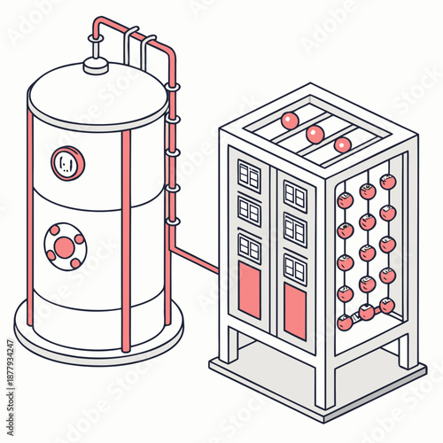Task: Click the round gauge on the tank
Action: pos(67,162)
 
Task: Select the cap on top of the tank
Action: pos(95,64)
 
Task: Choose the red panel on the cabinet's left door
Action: pos(251,291)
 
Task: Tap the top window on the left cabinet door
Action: pos(248,177)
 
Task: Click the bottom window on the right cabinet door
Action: pos(294,268)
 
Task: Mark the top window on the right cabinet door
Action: pos(293,197)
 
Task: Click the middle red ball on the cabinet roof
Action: pos(314,133)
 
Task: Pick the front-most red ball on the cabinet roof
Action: pos(342,144)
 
